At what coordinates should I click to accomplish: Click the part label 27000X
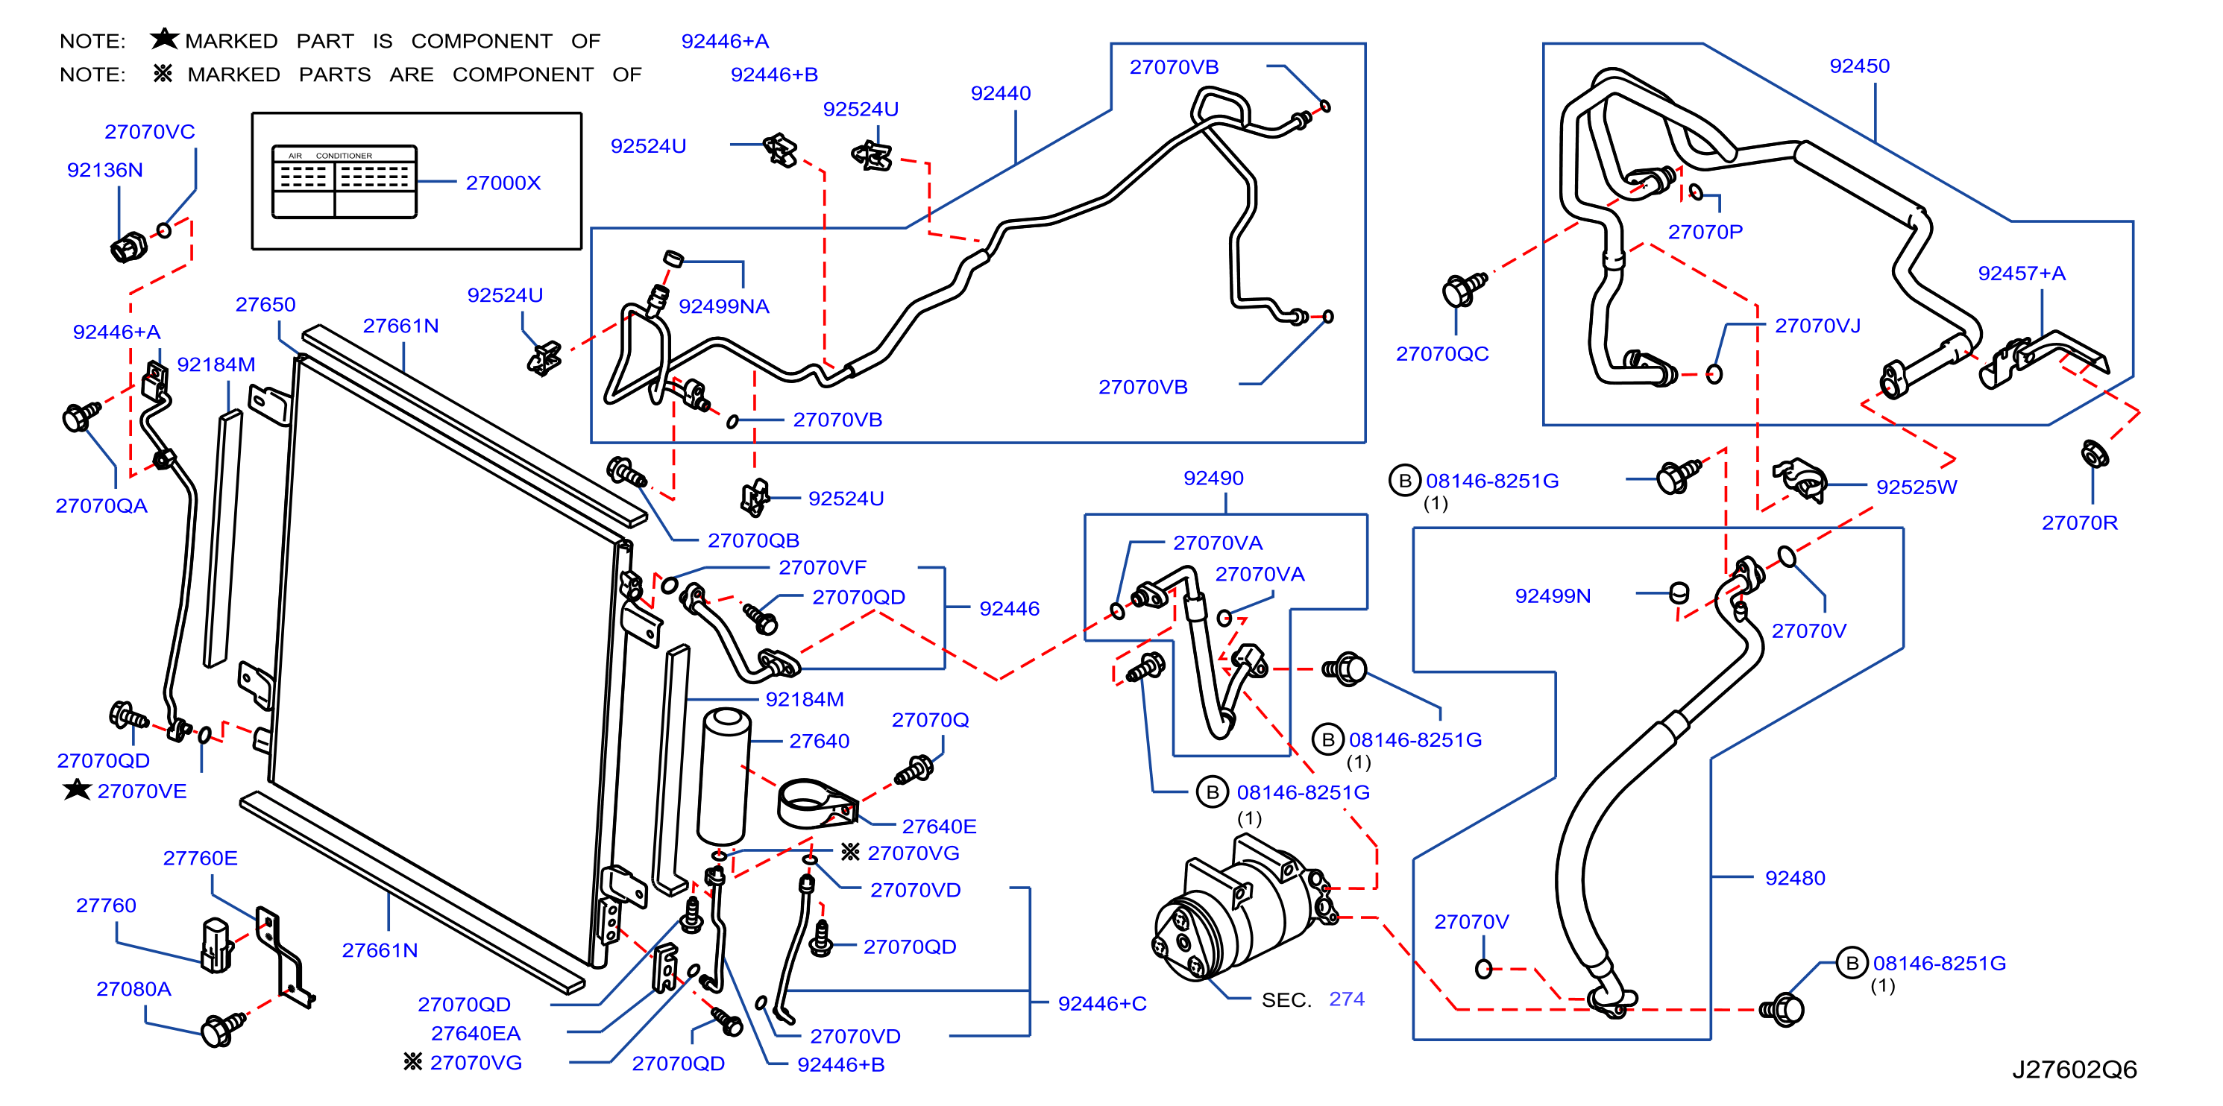click(503, 183)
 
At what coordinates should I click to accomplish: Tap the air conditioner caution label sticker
click(345, 181)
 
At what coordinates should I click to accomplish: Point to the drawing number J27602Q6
click(2075, 1069)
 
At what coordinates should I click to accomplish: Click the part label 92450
click(1859, 66)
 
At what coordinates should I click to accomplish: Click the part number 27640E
click(939, 826)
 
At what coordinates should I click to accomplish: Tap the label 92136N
click(104, 170)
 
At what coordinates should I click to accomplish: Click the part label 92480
click(1795, 877)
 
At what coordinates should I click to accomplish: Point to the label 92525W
click(1917, 487)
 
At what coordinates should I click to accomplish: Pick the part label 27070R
click(2079, 522)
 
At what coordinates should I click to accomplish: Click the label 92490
click(1213, 478)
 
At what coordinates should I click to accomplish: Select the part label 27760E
click(200, 858)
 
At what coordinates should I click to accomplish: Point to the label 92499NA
click(723, 306)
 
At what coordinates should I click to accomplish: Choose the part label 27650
click(265, 305)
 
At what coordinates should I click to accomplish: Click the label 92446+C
click(1102, 1003)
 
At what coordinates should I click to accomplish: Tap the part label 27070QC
click(1442, 354)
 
